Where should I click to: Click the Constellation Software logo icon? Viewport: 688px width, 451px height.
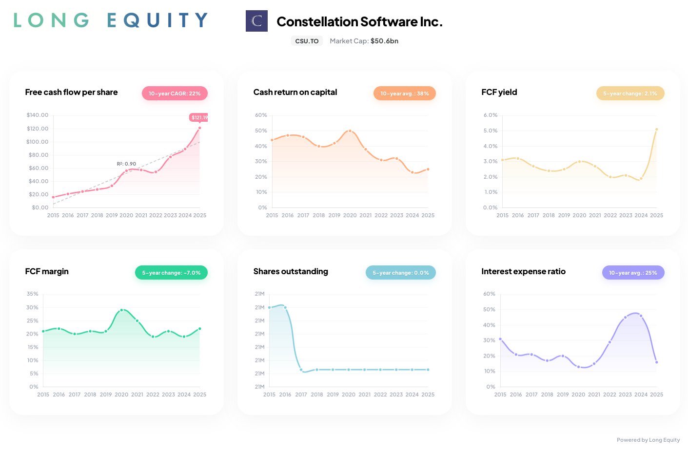(256, 21)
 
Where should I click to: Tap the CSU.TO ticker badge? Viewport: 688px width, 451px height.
(307, 41)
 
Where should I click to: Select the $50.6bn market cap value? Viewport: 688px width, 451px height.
(384, 41)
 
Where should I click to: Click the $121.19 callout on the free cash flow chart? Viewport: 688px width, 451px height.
(199, 117)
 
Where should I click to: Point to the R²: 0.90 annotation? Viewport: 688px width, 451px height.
(126, 164)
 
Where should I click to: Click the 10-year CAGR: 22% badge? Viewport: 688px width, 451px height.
(175, 94)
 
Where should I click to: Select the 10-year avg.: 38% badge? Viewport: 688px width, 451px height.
(404, 94)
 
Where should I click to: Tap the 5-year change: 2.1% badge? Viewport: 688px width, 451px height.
(630, 94)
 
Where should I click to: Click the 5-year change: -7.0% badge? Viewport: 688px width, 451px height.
(171, 273)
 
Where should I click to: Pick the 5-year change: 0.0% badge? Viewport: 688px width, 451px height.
(400, 273)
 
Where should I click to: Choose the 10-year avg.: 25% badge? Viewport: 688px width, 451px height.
(633, 273)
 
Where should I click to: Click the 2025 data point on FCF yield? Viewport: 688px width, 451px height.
(656, 130)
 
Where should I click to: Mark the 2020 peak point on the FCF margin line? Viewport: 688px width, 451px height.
(121, 310)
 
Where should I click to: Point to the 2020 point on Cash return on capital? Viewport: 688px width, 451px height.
(350, 131)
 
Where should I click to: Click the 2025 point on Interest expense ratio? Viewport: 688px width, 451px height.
(656, 362)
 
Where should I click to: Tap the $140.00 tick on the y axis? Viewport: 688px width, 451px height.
(38, 115)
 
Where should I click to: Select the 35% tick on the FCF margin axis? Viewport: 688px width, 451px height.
(32, 294)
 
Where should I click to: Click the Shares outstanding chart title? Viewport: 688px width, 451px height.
(291, 271)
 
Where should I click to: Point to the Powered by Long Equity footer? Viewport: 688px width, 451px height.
(648, 440)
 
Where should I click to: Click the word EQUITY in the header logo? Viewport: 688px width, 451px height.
(157, 20)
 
